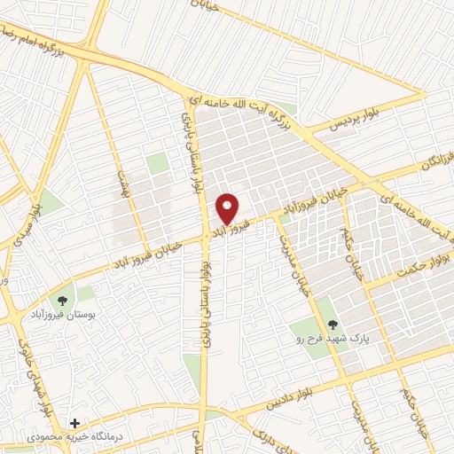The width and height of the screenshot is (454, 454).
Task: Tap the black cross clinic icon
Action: click(75, 423)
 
